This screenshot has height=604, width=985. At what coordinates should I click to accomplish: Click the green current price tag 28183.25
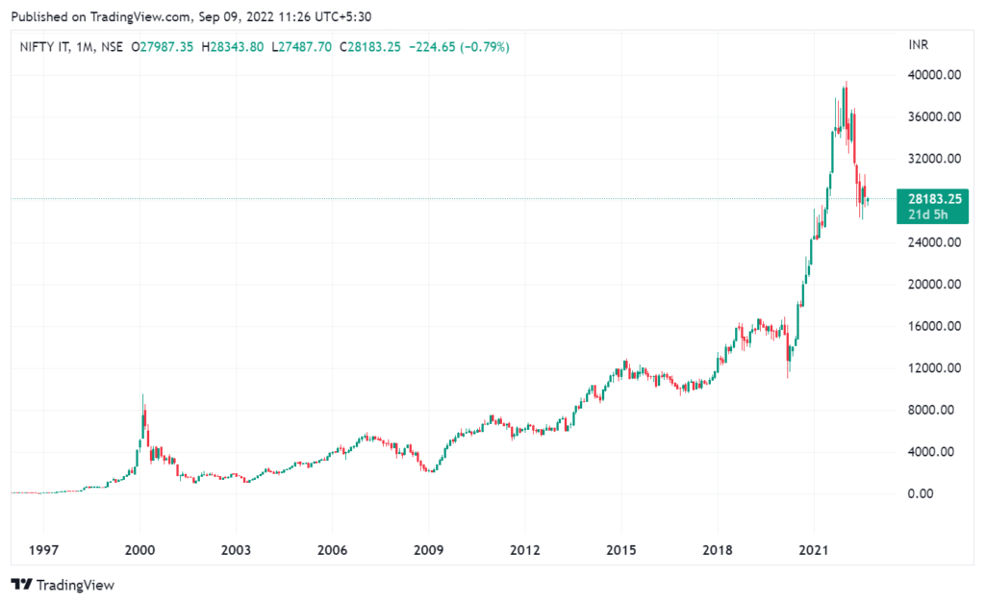[x=929, y=199]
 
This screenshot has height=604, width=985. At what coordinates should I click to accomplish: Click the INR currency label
[x=919, y=46]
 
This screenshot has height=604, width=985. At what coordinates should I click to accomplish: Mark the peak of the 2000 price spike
[x=143, y=395]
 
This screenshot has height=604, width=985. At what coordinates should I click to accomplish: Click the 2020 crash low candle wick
[x=788, y=377]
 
